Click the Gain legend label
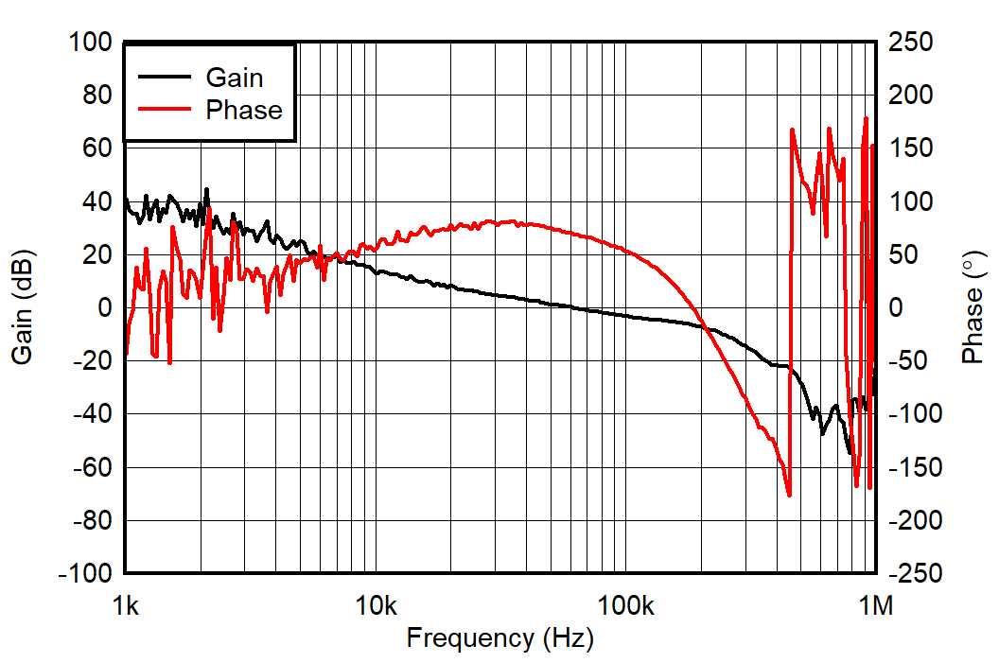pos(235,78)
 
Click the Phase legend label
pos(243,111)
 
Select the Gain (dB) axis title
pos(22,307)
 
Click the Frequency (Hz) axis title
pos(499,638)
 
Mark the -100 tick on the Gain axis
pos(88,574)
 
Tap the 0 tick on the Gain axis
pos(105,308)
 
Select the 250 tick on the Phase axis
pos(910,43)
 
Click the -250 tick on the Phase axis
pos(914,574)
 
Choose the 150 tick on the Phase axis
pos(910,148)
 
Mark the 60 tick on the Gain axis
pos(98,148)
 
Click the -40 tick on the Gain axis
pos(94,414)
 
